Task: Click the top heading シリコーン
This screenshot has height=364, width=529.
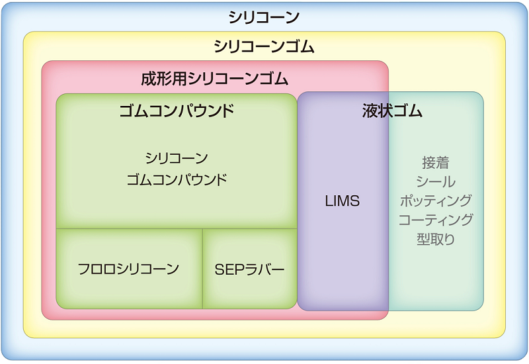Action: click(x=264, y=17)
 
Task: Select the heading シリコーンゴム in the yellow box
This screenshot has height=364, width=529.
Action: click(x=264, y=46)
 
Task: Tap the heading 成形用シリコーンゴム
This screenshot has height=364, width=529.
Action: click(x=214, y=78)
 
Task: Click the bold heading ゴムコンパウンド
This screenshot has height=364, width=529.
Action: click(x=177, y=111)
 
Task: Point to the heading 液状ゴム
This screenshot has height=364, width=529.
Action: click(x=392, y=111)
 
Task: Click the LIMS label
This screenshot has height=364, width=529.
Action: click(x=343, y=201)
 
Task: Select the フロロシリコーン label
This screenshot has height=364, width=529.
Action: click(x=128, y=269)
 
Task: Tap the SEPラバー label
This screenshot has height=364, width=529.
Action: click(x=250, y=269)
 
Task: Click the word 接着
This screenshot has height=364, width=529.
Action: click(x=436, y=163)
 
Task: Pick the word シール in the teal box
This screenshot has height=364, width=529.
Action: click(x=436, y=181)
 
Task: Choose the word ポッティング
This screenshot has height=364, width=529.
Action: click(x=436, y=201)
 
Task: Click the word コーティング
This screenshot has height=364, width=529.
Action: click(x=436, y=220)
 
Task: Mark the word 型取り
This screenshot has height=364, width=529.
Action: click(x=436, y=239)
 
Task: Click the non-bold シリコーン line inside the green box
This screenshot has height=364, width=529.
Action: click(x=177, y=158)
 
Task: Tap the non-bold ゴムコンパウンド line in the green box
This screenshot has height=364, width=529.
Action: click(x=177, y=179)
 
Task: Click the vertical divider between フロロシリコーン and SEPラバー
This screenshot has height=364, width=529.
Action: click(x=202, y=269)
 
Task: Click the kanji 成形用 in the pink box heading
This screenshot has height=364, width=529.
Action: click(x=163, y=78)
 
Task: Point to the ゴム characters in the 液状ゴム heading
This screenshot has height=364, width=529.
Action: click(x=407, y=111)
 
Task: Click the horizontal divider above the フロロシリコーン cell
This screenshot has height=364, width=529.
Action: click(x=129, y=228)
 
